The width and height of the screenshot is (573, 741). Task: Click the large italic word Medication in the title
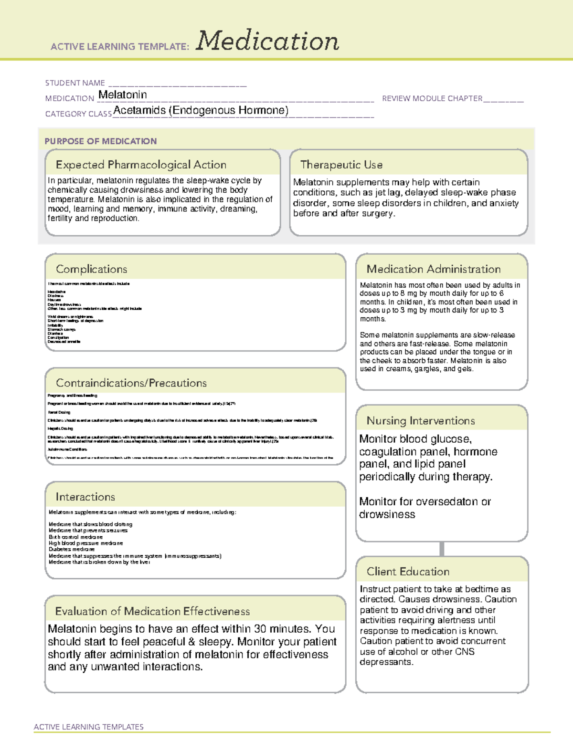pyautogui.click(x=267, y=41)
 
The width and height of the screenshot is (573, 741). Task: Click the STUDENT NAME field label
pyautogui.click(x=75, y=83)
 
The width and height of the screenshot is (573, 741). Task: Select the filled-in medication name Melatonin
pyautogui.click(x=123, y=95)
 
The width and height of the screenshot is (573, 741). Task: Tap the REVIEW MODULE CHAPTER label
pyautogui.click(x=432, y=98)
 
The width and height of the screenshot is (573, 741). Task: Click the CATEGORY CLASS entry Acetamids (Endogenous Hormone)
pyautogui.click(x=201, y=110)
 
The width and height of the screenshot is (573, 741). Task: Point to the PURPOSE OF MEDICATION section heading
pyautogui.click(x=101, y=141)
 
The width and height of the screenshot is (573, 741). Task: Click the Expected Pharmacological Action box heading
pyautogui.click(x=141, y=165)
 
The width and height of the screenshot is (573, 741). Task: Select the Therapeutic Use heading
pyautogui.click(x=341, y=165)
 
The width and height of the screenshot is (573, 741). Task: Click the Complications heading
pyautogui.click(x=92, y=269)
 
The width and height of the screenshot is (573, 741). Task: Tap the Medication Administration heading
pyautogui.click(x=434, y=269)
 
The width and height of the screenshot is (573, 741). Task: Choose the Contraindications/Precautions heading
pyautogui.click(x=131, y=383)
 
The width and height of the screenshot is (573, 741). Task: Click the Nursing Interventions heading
pyautogui.click(x=421, y=421)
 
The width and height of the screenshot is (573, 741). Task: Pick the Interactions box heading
pyautogui.click(x=85, y=497)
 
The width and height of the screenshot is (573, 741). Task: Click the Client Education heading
pyautogui.click(x=408, y=572)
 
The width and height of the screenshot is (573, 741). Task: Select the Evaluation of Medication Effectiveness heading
pyautogui.click(x=152, y=611)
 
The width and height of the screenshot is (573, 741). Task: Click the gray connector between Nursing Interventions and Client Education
pyautogui.click(x=442, y=549)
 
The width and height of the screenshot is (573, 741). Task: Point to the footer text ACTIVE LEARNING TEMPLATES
pyautogui.click(x=89, y=727)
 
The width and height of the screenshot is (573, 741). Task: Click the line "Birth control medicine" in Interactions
pyautogui.click(x=75, y=537)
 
